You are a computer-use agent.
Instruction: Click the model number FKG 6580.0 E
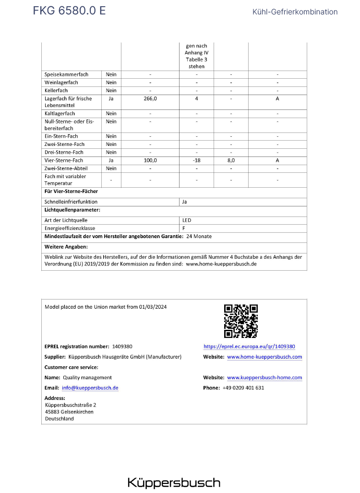pyautogui.click(x=70, y=11)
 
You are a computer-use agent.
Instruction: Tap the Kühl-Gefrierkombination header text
pyautogui.click(x=295, y=12)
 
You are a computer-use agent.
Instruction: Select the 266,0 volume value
pyautogui.click(x=150, y=98)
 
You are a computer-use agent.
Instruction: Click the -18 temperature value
pyautogui.click(x=196, y=160)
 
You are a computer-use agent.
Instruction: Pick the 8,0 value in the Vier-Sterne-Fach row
pyautogui.click(x=231, y=160)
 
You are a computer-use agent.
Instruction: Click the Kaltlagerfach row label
pyautogui.click(x=60, y=113)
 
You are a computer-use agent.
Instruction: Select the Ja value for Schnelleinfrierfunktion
pyautogui.click(x=185, y=202)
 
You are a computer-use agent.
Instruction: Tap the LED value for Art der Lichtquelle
pyautogui.click(x=187, y=220)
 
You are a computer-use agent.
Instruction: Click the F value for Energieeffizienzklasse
pyautogui.click(x=184, y=228)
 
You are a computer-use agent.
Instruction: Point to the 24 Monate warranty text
pyautogui.click(x=199, y=237)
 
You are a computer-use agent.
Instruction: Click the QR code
pyautogui.click(x=241, y=321)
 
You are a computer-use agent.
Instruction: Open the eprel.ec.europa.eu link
pyautogui.click(x=249, y=346)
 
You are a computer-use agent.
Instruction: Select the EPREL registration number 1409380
pyautogui.click(x=121, y=346)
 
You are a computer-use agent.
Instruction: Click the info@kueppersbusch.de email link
pyautogui.click(x=90, y=388)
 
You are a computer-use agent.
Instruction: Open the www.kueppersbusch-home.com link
pyautogui.click(x=264, y=377)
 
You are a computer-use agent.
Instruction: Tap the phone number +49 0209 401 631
pyautogui.click(x=243, y=388)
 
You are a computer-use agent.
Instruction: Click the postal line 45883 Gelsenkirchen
pyautogui.click(x=69, y=412)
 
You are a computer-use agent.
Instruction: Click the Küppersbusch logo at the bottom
pyautogui.click(x=174, y=482)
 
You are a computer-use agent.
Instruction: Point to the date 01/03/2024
pyautogui.click(x=153, y=307)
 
